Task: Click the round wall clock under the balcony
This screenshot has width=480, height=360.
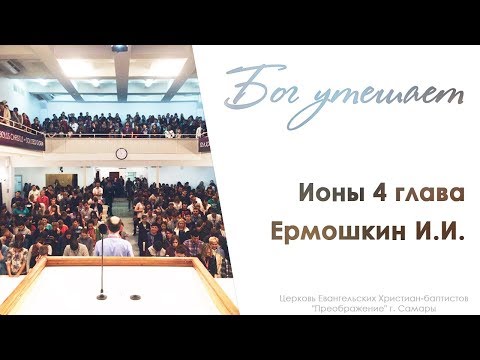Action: [x=121, y=153]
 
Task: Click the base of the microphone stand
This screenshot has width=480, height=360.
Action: [x=102, y=296]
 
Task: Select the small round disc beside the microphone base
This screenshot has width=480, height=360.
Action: [x=135, y=297]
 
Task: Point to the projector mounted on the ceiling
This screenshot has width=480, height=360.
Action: [x=120, y=48]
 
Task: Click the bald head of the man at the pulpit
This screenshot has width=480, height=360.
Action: [x=112, y=223]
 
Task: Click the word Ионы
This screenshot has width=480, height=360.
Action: [x=330, y=194]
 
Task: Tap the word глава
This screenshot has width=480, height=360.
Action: [x=430, y=194]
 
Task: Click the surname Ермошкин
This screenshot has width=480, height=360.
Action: [x=339, y=231]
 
